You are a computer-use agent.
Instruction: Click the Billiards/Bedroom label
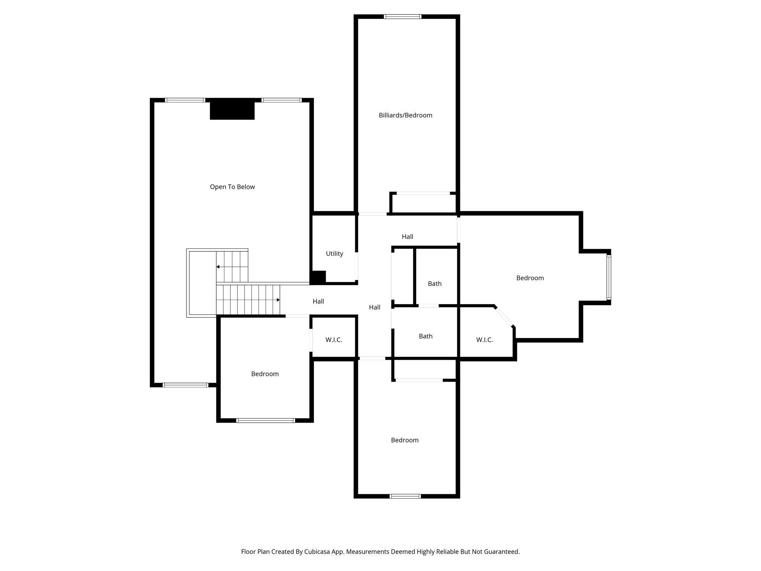405,115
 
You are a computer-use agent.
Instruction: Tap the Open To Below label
232,187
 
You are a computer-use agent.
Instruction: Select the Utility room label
334,254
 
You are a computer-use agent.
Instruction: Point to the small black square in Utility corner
318,277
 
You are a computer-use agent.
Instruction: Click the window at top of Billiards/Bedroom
402,16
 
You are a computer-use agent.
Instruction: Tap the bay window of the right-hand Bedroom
609,277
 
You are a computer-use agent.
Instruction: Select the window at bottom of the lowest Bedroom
405,496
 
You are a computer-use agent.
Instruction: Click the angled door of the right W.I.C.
504,317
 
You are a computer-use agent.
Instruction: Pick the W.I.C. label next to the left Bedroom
334,340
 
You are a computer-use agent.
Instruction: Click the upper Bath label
434,284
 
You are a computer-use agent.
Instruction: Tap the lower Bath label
425,336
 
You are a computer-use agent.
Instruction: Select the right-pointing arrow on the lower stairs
278,300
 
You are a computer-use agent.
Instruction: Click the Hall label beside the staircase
318,301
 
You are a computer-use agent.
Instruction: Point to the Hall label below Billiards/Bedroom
407,236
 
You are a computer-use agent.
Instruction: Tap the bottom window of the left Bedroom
266,420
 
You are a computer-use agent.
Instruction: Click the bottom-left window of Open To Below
185,385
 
